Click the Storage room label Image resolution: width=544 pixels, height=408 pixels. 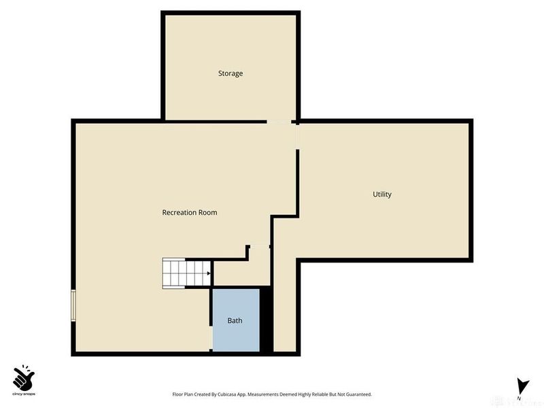230,73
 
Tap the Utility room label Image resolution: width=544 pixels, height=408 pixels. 381,194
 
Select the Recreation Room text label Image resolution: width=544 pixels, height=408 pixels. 189,213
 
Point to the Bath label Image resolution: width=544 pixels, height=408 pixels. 235,321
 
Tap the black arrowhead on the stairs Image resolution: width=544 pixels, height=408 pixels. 208,274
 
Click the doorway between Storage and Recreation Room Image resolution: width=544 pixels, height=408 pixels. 278,122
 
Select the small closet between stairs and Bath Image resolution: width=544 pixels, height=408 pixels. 241,272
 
